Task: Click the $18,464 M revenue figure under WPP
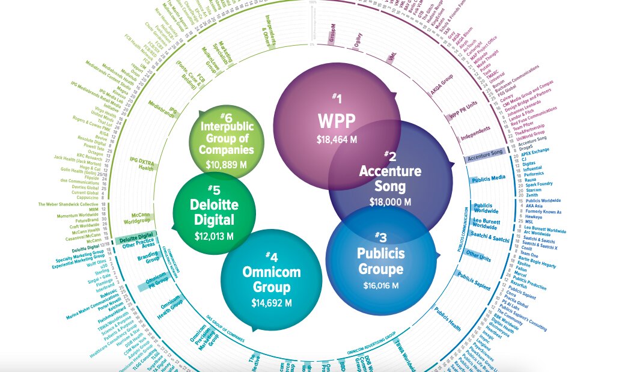337,139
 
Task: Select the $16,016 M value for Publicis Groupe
381,285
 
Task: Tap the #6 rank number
225,116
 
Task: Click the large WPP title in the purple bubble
337,120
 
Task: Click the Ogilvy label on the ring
358,45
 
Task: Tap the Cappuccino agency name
88,197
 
